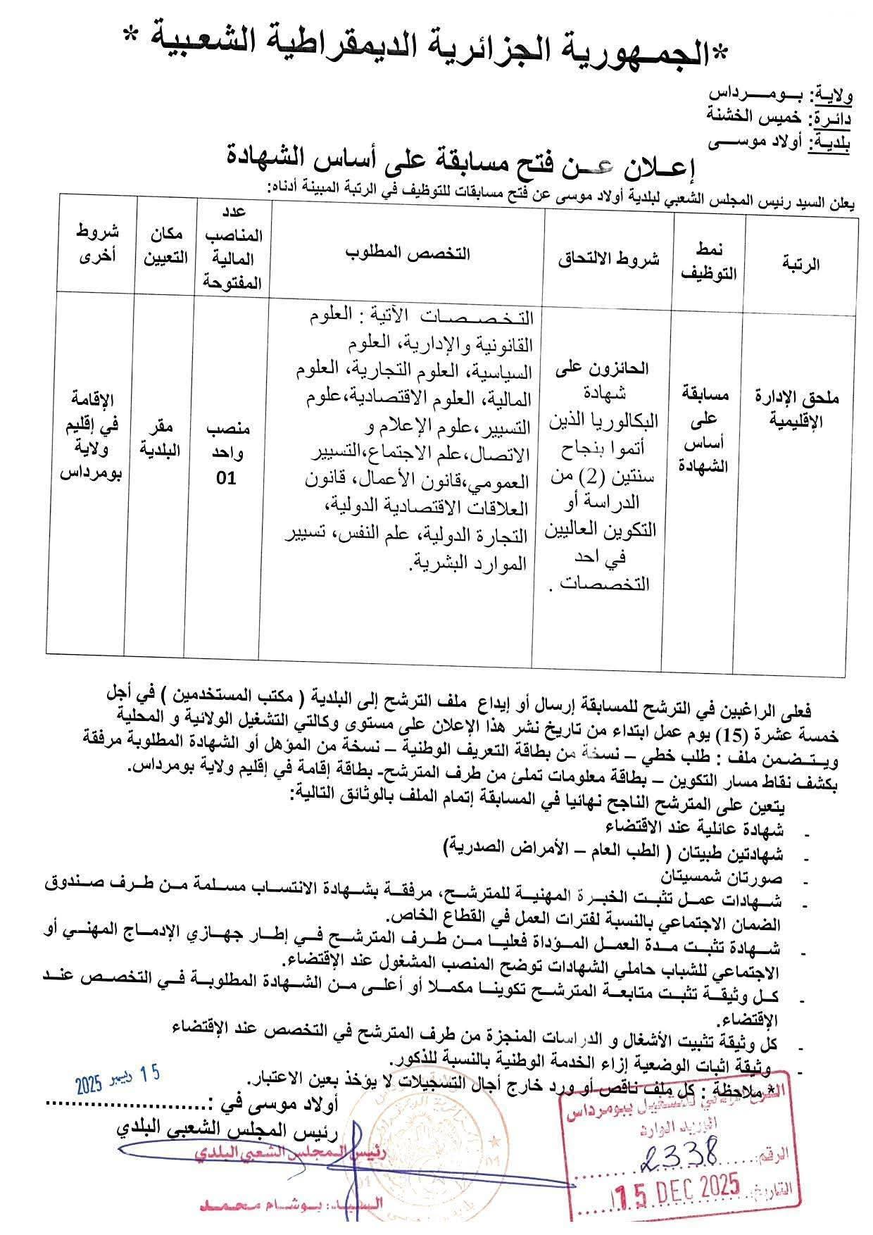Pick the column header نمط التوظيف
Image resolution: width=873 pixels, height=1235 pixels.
[x=709, y=263]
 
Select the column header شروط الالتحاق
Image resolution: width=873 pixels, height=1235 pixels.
[x=609, y=258]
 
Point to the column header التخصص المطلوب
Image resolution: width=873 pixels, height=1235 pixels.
[x=408, y=253]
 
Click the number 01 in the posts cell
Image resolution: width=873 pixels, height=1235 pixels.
[x=226, y=478]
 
